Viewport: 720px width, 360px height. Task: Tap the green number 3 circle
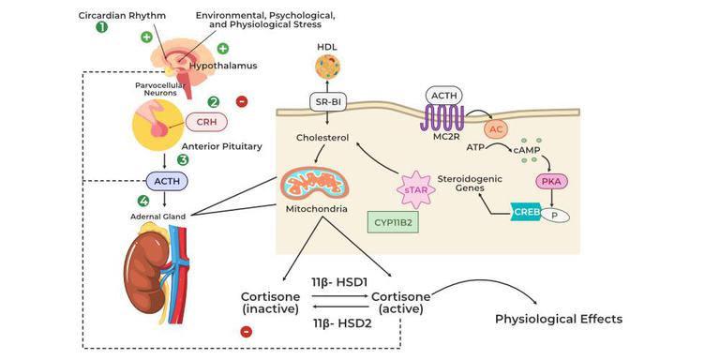click(x=184, y=159)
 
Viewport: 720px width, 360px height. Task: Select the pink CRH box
click(x=206, y=122)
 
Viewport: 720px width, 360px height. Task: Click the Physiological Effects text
click(x=559, y=319)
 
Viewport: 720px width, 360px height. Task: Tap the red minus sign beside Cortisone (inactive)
click(x=246, y=332)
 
